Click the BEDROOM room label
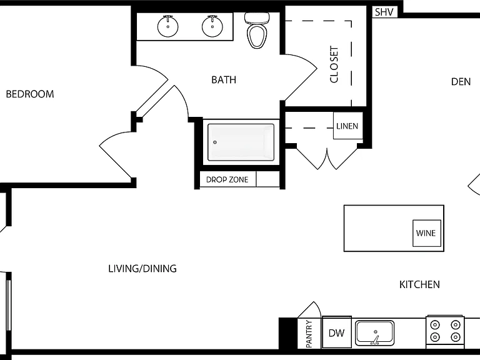[x=30, y=94]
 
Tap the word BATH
[x=224, y=80]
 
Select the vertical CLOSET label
[x=334, y=64]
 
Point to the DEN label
[x=461, y=82]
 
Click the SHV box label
[x=384, y=12]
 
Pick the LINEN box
[x=347, y=126]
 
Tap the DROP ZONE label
[x=227, y=180]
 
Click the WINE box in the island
[x=427, y=233]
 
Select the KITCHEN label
[x=419, y=285]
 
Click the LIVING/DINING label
[x=142, y=269]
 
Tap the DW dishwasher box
[x=337, y=332]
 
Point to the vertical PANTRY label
[x=309, y=334]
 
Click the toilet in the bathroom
[x=257, y=30]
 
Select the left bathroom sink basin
[x=167, y=26]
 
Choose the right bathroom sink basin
[x=212, y=26]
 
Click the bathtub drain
[x=215, y=142]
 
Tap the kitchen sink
[x=375, y=332]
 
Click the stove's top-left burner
[x=435, y=325]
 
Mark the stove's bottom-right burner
[x=456, y=337]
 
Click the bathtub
[x=241, y=142]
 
